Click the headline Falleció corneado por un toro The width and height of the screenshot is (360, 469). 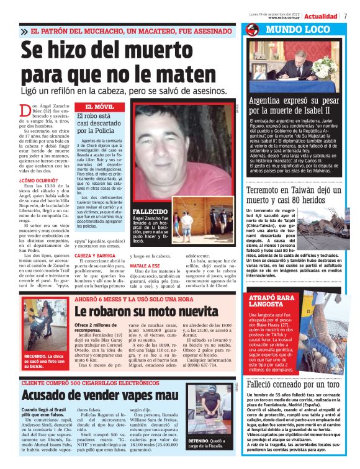tap(292, 385)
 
